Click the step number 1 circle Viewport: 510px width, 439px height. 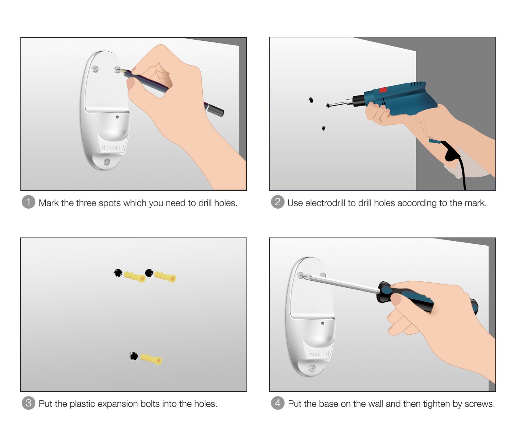click(28, 202)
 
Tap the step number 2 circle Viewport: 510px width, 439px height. click(277, 202)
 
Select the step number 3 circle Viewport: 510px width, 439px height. click(28, 403)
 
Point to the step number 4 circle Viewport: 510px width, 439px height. click(277, 403)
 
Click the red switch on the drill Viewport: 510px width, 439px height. click(383, 90)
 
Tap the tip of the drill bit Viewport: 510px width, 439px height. click(327, 106)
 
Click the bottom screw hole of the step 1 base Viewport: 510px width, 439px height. click(106, 162)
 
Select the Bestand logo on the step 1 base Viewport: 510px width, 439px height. click(113, 147)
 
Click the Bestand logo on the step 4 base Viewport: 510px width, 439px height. click(318, 354)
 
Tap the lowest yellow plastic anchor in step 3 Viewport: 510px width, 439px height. click(151, 359)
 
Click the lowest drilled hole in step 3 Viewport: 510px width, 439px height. click(134, 356)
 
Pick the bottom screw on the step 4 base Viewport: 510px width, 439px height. click(312, 368)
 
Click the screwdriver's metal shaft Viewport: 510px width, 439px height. click(340, 284)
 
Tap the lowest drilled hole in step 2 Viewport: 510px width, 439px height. click(324, 128)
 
